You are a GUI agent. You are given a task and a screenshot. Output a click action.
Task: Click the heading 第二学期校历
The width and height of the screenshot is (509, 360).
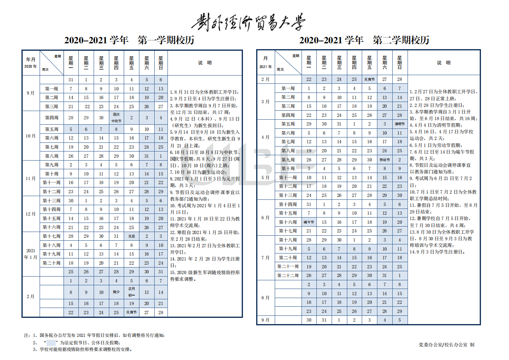tap(401, 40)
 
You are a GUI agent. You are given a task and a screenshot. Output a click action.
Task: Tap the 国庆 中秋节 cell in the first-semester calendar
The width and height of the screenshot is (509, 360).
tap(116, 118)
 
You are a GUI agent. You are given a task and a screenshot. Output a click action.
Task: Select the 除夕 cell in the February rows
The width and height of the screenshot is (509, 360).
tap(116, 292)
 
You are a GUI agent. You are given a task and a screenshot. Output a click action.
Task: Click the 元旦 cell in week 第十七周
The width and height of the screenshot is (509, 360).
tap(132, 236)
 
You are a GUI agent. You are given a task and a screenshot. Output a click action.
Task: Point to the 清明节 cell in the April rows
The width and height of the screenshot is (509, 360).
tap(399, 124)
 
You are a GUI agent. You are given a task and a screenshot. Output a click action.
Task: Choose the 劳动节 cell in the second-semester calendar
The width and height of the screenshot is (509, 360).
tap(384, 160)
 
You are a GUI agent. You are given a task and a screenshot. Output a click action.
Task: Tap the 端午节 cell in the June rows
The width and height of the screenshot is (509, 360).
tap(309, 222)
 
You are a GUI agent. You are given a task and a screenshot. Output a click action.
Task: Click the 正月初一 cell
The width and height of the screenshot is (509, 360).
tap(132, 292)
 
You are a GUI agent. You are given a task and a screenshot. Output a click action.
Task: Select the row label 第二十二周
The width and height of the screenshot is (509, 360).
tap(288, 275)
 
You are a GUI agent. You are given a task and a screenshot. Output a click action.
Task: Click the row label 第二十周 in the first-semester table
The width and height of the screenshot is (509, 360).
tap(52, 263)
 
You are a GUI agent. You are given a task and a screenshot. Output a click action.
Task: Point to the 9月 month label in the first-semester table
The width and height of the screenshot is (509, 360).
tap(31, 93)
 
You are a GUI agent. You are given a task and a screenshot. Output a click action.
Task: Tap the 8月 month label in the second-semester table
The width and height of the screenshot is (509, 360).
tap(265, 298)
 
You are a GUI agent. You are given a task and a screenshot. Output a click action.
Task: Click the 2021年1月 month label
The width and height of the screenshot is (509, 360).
tap(31, 253)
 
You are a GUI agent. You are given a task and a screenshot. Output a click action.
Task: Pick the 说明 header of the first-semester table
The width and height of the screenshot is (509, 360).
tap(205, 63)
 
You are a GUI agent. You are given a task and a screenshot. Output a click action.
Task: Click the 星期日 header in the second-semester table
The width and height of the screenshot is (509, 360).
tap(399, 62)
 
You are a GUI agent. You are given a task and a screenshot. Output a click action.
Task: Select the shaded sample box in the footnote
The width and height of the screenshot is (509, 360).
tap(51, 343)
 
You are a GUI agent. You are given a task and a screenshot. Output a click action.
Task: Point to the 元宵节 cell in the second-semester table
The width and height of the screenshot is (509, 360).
tap(369, 79)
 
